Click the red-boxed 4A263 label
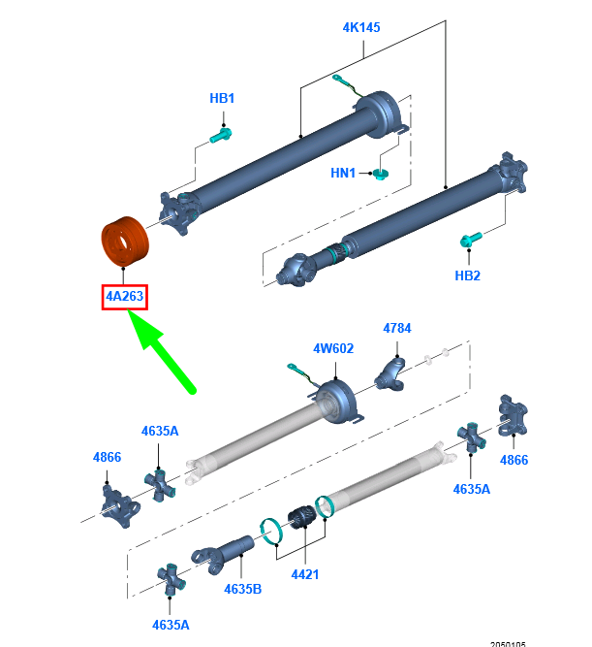point(124,296)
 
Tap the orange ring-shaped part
point(123,242)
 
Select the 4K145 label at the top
point(360,27)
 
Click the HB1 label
point(222,98)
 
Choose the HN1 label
point(343,174)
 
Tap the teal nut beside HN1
point(380,174)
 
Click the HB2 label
point(467,275)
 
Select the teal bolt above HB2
point(469,239)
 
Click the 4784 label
point(396,328)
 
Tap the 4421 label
point(304,575)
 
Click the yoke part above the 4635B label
point(223,553)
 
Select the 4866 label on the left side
point(107,456)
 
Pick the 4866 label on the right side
point(514,460)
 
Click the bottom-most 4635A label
point(171,624)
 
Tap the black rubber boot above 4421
point(300,519)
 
